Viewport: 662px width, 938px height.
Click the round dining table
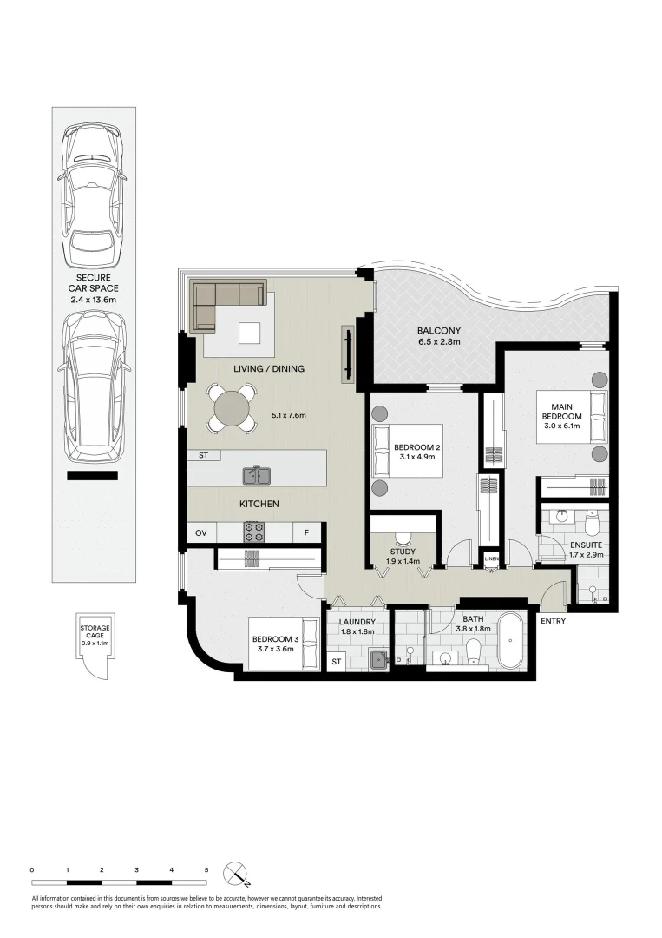pyautogui.click(x=233, y=408)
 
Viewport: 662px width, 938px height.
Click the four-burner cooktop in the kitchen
pyautogui.click(x=254, y=532)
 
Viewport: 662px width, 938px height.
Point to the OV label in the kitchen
pyautogui.click(x=201, y=532)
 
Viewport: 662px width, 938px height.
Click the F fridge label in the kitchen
pyautogui.click(x=306, y=532)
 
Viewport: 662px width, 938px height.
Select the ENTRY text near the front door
pyautogui.click(x=552, y=621)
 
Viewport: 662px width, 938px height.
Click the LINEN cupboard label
pyautogui.click(x=492, y=558)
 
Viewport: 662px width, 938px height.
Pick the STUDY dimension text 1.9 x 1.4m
pyautogui.click(x=403, y=561)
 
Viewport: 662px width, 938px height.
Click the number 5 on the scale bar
pyautogui.click(x=206, y=869)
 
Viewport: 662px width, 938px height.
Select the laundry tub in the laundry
pyautogui.click(x=377, y=661)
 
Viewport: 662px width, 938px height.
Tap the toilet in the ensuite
pyautogui.click(x=593, y=524)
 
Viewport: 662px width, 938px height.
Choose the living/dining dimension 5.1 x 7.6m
pyautogui.click(x=289, y=415)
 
